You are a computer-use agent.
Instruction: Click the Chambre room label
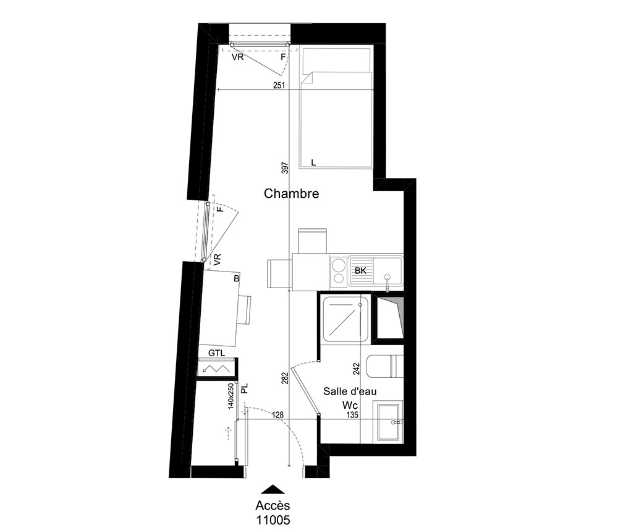tap(291, 194)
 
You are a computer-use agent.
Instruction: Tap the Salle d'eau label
tap(350, 391)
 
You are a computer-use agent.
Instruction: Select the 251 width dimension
tap(279, 85)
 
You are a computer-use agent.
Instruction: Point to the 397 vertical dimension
tap(286, 168)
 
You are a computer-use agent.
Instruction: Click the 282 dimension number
tap(286, 378)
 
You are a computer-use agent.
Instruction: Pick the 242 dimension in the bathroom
tap(357, 369)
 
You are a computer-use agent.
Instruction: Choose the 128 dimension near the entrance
tap(278, 415)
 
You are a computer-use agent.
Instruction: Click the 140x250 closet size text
tap(231, 396)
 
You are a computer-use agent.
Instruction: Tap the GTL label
tap(217, 353)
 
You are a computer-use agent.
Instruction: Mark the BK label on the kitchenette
tap(361, 271)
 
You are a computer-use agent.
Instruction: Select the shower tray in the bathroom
tap(345, 318)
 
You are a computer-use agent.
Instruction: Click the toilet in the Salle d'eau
tap(384, 366)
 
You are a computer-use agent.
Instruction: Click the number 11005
tap(273, 520)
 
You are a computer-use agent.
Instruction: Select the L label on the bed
tap(313, 163)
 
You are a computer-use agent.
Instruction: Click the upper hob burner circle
tap(338, 264)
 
